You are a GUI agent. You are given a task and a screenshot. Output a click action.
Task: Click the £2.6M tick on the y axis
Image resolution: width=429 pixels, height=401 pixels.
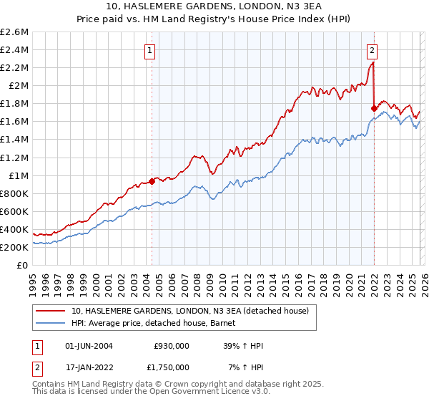click(x=16, y=32)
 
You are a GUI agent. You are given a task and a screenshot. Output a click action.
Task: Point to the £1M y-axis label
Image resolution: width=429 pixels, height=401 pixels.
click(x=18, y=175)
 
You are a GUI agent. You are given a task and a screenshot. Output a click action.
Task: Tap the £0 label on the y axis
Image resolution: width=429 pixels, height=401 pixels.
click(x=23, y=265)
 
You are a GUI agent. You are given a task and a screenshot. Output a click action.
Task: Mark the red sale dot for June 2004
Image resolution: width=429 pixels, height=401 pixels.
click(x=152, y=181)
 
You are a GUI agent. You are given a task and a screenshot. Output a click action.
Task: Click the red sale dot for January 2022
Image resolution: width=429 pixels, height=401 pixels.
click(x=374, y=108)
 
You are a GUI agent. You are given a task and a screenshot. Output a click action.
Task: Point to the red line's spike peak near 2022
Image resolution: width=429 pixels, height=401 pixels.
click(x=373, y=62)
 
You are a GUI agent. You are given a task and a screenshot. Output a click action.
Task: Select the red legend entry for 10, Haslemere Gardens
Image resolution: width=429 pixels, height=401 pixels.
click(x=189, y=311)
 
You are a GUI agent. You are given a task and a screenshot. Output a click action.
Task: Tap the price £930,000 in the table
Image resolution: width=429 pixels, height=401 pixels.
click(x=172, y=346)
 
